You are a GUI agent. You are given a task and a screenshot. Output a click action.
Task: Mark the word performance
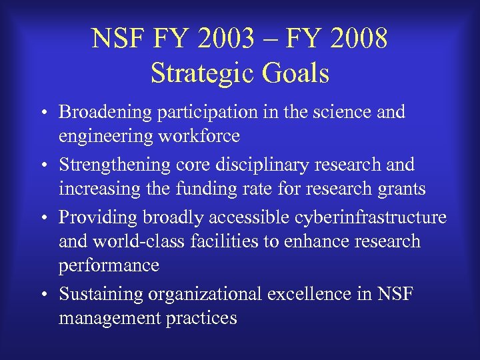[109, 265]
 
